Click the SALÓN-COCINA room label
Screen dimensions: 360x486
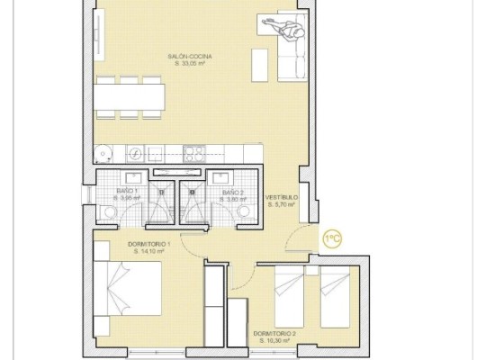coord(189,56)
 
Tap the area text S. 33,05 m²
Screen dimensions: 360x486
coord(189,64)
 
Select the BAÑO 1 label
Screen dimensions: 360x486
coord(127,192)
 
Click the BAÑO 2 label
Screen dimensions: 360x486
coord(233,192)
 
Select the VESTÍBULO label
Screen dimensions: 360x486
coord(282,197)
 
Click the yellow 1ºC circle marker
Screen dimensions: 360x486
coord(331,238)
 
